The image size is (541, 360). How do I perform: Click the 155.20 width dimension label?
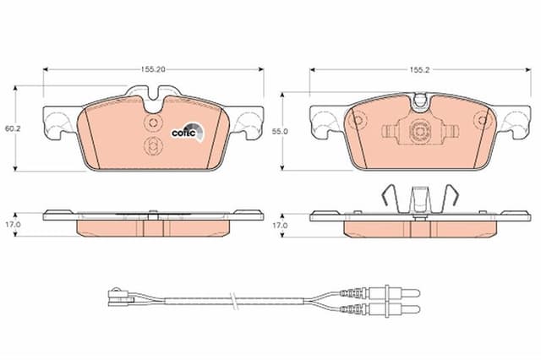pyautogui.click(x=153, y=69)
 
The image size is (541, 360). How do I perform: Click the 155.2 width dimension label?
pyautogui.click(x=419, y=69)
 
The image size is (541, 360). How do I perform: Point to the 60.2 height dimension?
pyautogui.click(x=13, y=128)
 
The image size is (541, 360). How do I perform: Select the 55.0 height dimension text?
pyautogui.click(x=280, y=131)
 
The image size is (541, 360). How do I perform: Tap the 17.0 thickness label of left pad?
pyautogui.click(x=13, y=224)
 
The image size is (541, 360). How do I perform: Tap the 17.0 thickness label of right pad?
pyautogui.click(x=280, y=226)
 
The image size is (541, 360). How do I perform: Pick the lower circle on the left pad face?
pyautogui.click(x=153, y=145)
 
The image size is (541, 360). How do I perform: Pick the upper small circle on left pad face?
pyautogui.click(x=153, y=122)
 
